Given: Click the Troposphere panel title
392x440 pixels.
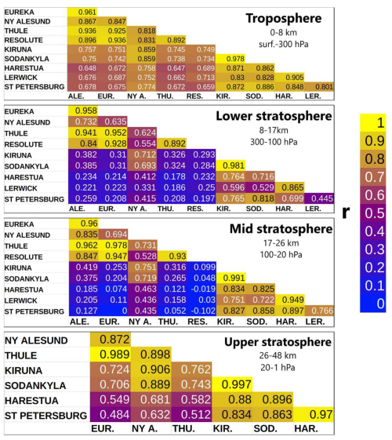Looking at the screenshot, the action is [284, 19].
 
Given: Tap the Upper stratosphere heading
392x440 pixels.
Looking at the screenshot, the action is [278, 342].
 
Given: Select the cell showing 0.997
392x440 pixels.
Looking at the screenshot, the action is [232, 384].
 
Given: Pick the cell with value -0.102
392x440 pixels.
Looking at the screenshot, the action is [201, 311].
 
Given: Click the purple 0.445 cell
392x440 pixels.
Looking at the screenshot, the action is [319, 198].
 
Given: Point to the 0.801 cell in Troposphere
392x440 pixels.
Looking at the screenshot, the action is [319, 87].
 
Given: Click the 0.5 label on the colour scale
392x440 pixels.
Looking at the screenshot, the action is [374, 213].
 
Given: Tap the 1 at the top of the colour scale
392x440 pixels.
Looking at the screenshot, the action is [380, 122].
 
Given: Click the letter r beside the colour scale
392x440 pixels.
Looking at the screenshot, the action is [347, 213].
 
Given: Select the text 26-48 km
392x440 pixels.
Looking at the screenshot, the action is [278, 355].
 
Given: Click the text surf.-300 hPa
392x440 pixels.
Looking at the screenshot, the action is [284, 45].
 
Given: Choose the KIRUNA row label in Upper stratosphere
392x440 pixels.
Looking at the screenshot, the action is [24, 370].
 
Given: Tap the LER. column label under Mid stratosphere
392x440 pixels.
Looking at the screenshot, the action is [315, 322].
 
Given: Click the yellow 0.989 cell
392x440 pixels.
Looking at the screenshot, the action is [111, 355].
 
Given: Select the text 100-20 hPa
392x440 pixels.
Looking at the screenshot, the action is [281, 255].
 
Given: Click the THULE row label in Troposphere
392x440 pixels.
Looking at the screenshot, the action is [16, 31].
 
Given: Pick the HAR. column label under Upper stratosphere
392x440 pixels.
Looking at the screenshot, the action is [307, 428].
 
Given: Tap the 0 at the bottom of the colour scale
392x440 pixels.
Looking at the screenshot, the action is [380, 304].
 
